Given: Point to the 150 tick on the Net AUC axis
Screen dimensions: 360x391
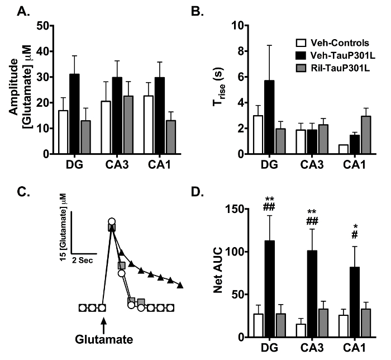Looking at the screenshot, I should point(234,209).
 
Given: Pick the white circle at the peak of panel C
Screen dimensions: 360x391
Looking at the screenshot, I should point(112,222).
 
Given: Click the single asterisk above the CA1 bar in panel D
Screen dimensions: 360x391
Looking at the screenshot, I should point(351,228).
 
